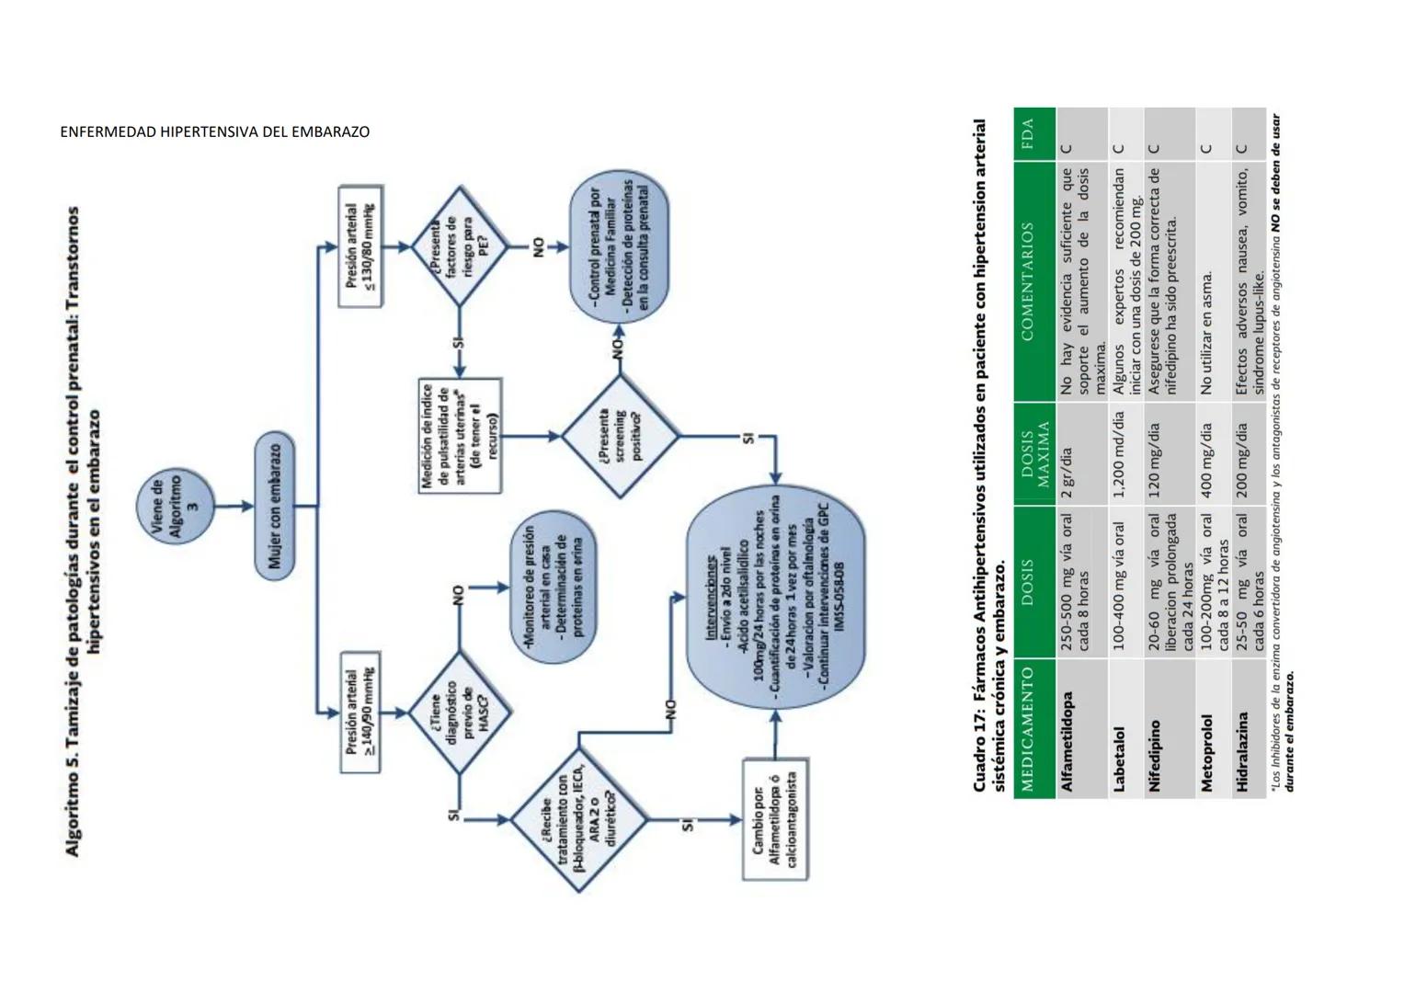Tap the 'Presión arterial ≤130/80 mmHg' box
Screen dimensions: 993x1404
(360, 246)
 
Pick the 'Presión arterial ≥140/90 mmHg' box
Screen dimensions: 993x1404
(361, 712)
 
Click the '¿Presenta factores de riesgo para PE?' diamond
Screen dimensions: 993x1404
(458, 246)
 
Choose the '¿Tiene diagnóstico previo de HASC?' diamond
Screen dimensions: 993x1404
(459, 712)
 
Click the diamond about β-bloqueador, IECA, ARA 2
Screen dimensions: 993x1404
(578, 819)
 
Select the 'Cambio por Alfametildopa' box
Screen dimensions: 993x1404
(775, 819)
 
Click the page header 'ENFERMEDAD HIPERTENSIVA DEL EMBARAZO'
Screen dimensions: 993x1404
(215, 131)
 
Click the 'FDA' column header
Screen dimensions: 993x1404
(1033, 134)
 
